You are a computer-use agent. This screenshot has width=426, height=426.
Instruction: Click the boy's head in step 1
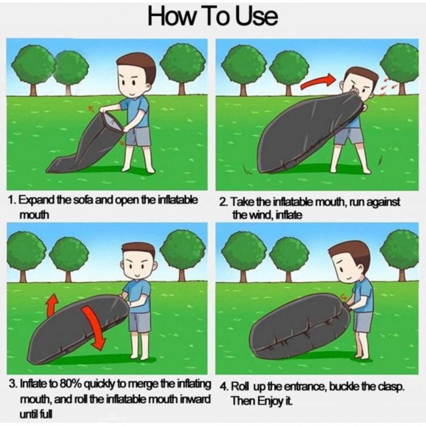tap(136, 75)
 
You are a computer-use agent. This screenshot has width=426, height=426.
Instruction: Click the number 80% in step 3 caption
tap(71, 384)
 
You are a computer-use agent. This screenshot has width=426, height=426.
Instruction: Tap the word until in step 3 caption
tap(29, 414)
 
